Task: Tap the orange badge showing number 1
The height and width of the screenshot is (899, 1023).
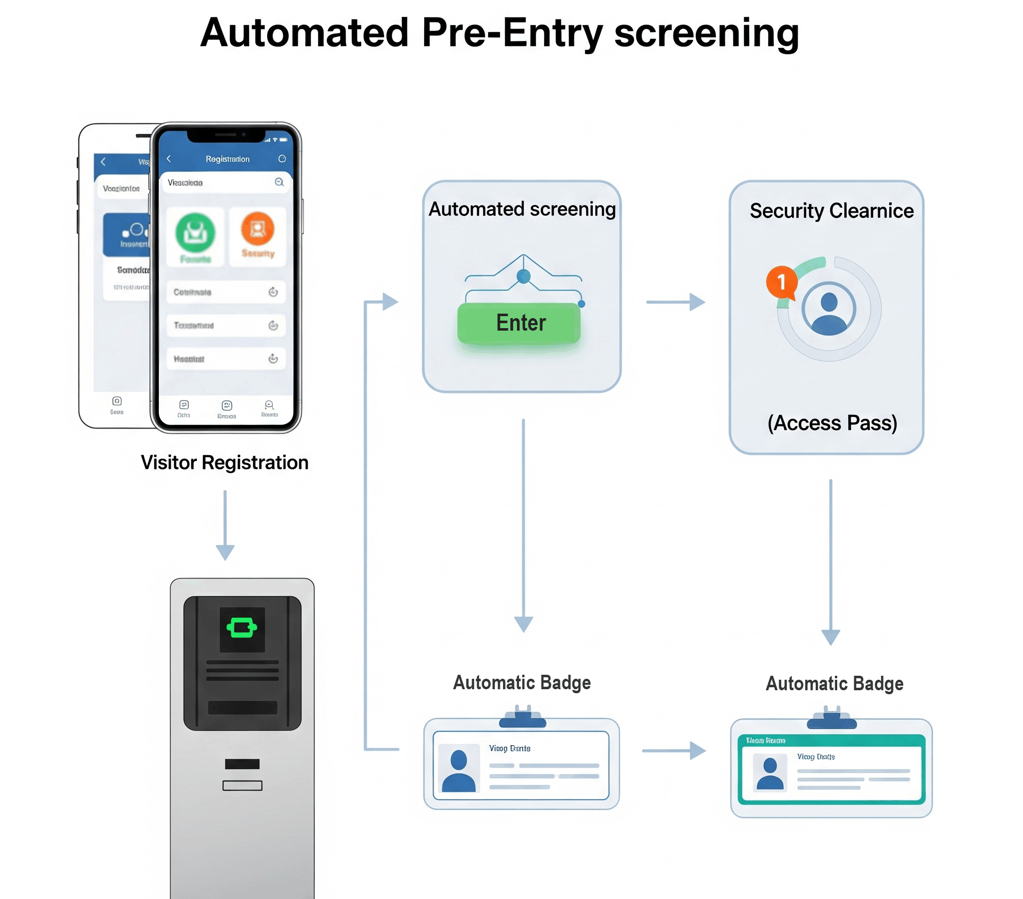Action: pos(781,282)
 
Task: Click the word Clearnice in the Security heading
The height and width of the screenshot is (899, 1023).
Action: pos(871,211)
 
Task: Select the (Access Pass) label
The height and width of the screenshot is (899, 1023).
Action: pos(832,423)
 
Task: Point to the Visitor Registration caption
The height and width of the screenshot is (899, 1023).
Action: pos(225,462)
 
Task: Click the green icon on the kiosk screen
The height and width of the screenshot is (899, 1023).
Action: pos(242,628)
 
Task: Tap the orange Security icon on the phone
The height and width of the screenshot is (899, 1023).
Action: pos(258,229)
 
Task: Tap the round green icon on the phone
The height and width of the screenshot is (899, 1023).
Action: pos(195,232)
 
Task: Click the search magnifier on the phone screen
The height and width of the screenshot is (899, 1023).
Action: pos(279,182)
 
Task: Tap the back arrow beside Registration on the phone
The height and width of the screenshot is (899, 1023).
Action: pos(169,159)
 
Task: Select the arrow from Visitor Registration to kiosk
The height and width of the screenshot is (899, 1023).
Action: pos(225,525)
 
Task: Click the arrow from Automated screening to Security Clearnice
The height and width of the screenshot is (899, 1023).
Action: pos(676,302)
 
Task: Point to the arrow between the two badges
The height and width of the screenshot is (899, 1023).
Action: pos(674,750)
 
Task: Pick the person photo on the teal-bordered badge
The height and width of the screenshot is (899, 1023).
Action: pos(770,773)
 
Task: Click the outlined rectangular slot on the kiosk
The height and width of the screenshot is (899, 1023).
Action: pos(242,785)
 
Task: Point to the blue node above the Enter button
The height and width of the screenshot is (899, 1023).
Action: pos(523,276)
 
